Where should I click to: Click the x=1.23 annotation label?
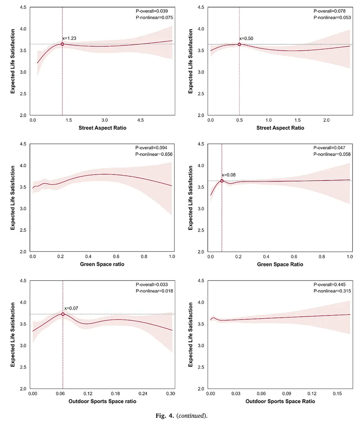tap(69, 39)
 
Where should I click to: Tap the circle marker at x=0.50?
tap(239, 44)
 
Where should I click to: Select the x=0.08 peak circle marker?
tap(222, 181)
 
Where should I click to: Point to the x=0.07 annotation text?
tap(71, 308)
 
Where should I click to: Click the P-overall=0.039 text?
tap(152, 11)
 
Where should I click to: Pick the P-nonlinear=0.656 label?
tap(154, 154)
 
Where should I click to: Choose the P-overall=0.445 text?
tap(329, 285)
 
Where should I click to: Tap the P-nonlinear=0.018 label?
tap(154, 291)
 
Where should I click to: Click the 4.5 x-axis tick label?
tap(141, 120)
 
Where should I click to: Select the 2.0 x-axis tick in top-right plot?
tap(327, 120)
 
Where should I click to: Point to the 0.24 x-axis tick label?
tap(143, 393)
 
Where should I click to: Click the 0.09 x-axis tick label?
tap(287, 393)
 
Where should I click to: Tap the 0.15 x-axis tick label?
tap(337, 393)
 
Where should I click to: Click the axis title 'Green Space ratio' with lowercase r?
tap(102, 264)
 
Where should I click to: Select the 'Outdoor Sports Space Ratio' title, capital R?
tap(280, 401)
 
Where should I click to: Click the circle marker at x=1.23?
tap(62, 44)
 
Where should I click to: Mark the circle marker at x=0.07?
tap(63, 314)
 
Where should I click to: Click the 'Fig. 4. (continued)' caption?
tap(181, 416)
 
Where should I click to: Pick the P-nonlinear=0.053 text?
tap(332, 18)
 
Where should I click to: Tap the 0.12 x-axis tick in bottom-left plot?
tap(88, 393)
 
